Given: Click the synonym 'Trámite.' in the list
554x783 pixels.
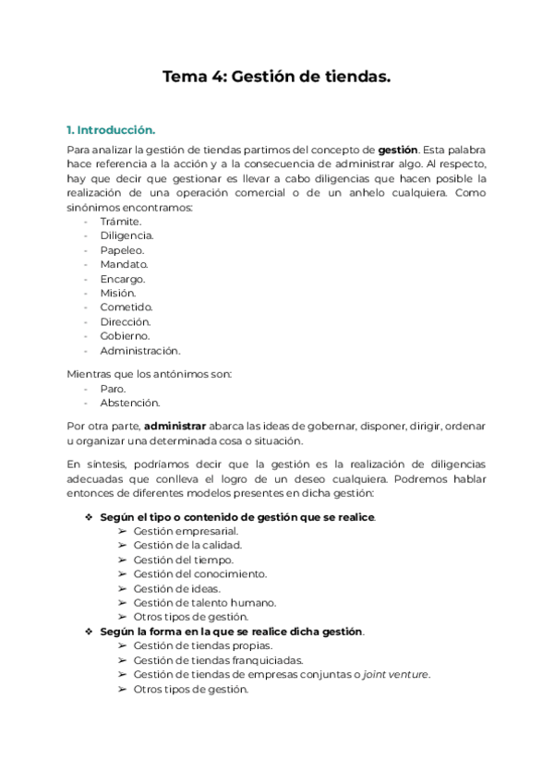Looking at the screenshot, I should [x=121, y=222].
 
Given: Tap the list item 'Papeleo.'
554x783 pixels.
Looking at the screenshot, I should [x=122, y=250].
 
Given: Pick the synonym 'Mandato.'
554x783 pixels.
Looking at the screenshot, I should [x=124, y=264].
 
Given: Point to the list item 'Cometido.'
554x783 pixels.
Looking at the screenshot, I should [x=126, y=307].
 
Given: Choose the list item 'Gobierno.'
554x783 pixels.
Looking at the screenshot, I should [x=126, y=336].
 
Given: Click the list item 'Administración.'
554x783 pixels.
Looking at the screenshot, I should [x=140, y=351].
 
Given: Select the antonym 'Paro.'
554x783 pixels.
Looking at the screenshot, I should [x=113, y=389].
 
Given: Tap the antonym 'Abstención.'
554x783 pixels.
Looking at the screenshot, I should [x=129, y=403].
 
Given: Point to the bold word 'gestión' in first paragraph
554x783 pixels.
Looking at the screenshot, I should [x=398, y=149].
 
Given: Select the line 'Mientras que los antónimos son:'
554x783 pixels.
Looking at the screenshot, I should [x=150, y=374].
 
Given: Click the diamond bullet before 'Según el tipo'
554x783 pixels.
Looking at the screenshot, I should [x=89, y=516].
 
